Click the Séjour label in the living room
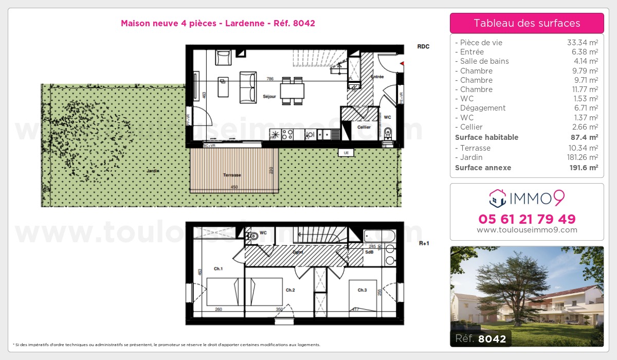click(x=269, y=96)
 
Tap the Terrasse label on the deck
click(x=232, y=175)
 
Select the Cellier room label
click(x=364, y=127)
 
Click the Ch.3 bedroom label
click(x=362, y=290)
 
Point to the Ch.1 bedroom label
click(x=218, y=268)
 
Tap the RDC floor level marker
click(x=423, y=46)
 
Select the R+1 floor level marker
click(x=424, y=244)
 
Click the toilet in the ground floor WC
click(x=388, y=133)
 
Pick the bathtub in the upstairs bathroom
click(x=379, y=236)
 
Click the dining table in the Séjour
click(x=292, y=91)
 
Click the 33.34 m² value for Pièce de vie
click(x=582, y=43)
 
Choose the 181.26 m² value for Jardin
click(x=579, y=157)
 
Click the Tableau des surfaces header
click(x=527, y=23)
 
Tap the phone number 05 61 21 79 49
click(x=527, y=219)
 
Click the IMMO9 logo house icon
click(x=497, y=197)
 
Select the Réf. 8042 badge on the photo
click(x=478, y=338)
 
